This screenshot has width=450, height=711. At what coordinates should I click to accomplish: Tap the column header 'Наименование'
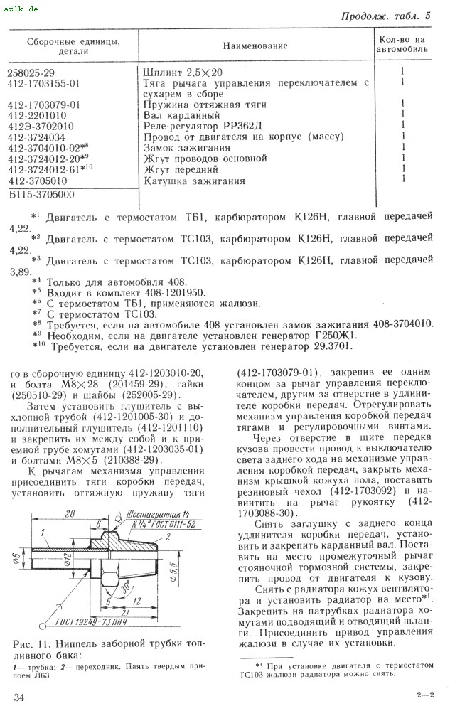click(255, 46)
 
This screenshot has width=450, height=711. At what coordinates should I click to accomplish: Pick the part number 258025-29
click(36, 72)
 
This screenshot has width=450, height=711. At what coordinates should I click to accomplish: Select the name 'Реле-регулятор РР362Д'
click(198, 126)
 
